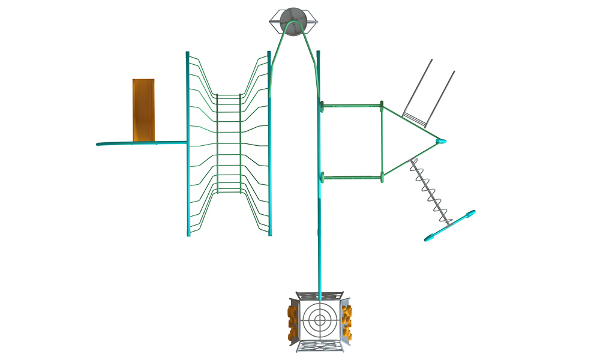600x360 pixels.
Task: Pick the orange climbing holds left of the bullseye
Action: point(293,320)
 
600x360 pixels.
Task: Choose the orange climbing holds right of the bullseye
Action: point(347,320)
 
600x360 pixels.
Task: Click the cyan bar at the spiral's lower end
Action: point(450,226)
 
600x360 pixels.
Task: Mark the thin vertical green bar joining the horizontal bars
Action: point(382,141)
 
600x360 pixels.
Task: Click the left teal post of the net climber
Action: point(188,144)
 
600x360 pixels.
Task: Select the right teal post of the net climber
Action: point(269,144)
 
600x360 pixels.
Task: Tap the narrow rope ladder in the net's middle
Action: point(228,144)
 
